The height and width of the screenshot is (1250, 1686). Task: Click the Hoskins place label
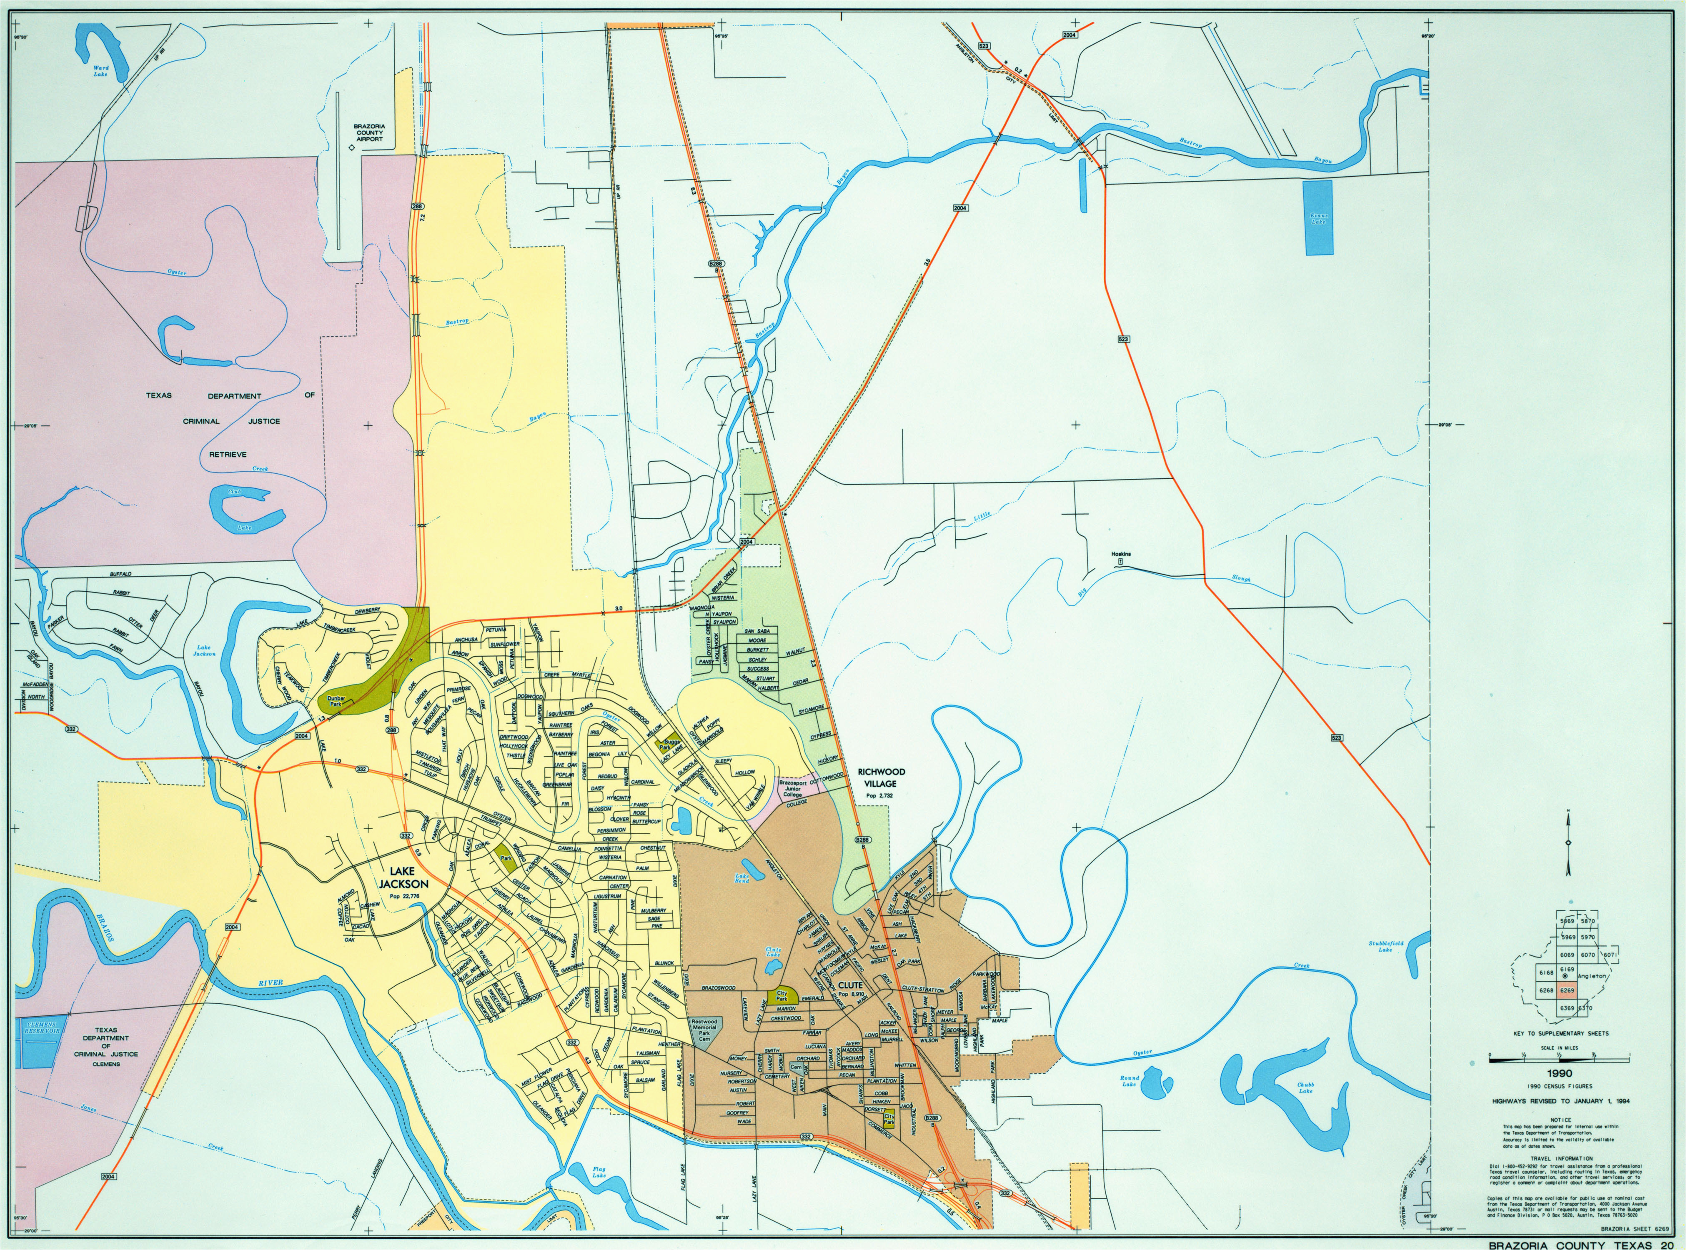[x=1121, y=554]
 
